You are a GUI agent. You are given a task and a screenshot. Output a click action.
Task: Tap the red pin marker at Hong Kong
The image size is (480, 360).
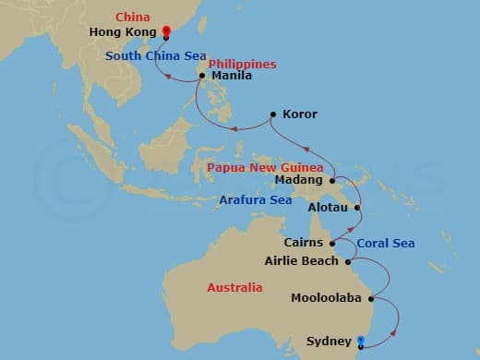click(x=165, y=31)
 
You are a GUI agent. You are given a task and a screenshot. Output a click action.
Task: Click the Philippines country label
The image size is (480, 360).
click(x=241, y=64)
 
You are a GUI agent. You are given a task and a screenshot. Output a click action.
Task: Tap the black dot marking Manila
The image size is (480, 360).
click(x=202, y=77)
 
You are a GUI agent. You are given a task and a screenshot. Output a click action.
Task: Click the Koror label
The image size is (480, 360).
click(x=298, y=114)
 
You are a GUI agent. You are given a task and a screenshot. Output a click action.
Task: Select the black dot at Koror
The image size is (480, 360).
click(x=272, y=114)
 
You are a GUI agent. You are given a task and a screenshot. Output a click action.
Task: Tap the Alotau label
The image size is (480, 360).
click(x=327, y=209)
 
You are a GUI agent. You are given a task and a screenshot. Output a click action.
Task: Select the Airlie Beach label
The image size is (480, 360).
click(x=302, y=261)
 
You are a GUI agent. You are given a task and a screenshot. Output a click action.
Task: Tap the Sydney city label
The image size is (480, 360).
click(x=328, y=342)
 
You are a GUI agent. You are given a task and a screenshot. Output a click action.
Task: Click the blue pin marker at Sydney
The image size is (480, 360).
click(x=360, y=341)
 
